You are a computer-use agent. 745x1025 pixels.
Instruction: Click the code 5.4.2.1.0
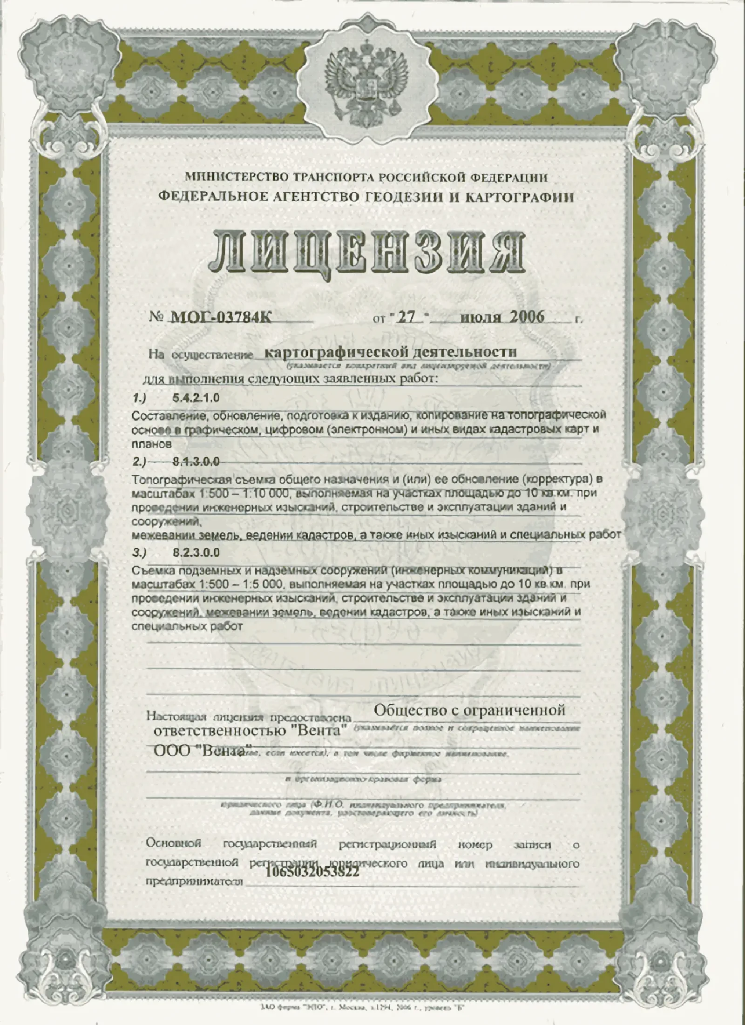click(x=196, y=398)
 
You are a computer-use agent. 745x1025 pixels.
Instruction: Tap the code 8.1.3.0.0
click(x=196, y=462)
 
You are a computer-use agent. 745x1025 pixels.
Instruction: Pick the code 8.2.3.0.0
click(x=196, y=553)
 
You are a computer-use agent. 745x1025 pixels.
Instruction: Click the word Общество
click(x=410, y=710)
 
